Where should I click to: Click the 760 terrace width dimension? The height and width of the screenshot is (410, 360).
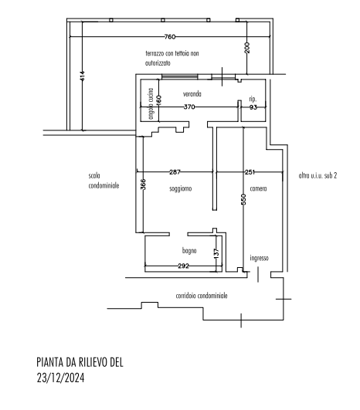pos(170,36)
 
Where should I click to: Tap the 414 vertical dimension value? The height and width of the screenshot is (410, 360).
pos(82,76)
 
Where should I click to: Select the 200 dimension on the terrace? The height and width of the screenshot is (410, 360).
pos(247,48)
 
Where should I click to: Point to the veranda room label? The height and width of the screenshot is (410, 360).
pos(192,94)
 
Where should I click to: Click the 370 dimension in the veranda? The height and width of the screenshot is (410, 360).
pos(189,107)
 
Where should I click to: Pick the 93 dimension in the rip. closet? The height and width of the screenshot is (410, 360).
pos(253,107)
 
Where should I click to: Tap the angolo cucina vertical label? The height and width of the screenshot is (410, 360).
pos(151,103)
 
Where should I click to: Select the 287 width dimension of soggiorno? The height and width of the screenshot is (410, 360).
pos(175,172)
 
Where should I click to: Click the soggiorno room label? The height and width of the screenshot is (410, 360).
pos(181,188)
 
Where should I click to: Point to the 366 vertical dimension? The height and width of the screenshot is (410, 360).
pos(143,185)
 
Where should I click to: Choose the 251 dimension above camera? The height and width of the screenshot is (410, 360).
pos(250,172)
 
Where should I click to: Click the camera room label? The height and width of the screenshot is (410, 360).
pos(258,188)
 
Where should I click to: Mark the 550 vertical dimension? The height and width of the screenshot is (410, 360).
pos(243,199)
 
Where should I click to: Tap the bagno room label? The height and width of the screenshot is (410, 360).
pos(189,251)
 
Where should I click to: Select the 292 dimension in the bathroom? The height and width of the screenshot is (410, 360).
pos(183,266)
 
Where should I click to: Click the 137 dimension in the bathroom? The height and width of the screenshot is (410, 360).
pos(216,253)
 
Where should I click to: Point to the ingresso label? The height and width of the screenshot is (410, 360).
pos(259,258)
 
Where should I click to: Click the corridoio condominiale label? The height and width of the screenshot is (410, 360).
pos(202,296)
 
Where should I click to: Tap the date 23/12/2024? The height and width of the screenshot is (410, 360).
pos(60,378)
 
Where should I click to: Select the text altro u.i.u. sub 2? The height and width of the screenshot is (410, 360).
pos(318,175)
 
